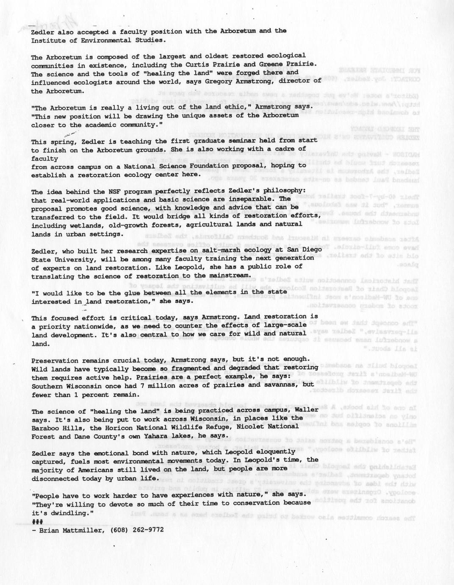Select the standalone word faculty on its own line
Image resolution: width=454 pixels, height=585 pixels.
(x=44, y=159)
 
